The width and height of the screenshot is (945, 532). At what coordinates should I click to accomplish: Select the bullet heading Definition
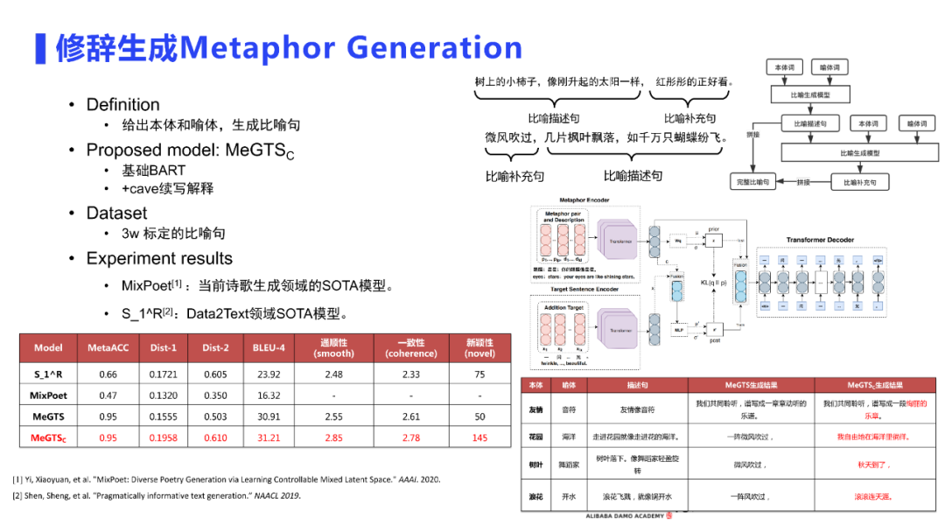tap(122, 105)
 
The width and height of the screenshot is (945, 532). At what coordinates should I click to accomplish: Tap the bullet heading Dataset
tap(116, 213)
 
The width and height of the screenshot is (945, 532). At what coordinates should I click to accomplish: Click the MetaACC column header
tap(108, 347)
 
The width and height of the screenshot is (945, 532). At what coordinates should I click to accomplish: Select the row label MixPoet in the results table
tap(48, 395)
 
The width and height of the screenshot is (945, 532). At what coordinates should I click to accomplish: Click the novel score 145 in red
tap(479, 437)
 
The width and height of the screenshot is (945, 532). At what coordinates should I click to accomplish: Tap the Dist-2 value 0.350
tap(215, 395)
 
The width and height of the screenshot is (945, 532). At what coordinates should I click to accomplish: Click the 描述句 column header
tap(636, 385)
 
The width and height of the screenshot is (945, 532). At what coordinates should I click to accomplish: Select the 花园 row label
tap(536, 436)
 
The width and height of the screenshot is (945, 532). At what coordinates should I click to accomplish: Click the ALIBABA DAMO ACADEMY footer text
tap(623, 516)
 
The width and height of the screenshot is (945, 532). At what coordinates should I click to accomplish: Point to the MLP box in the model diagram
tap(678, 329)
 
